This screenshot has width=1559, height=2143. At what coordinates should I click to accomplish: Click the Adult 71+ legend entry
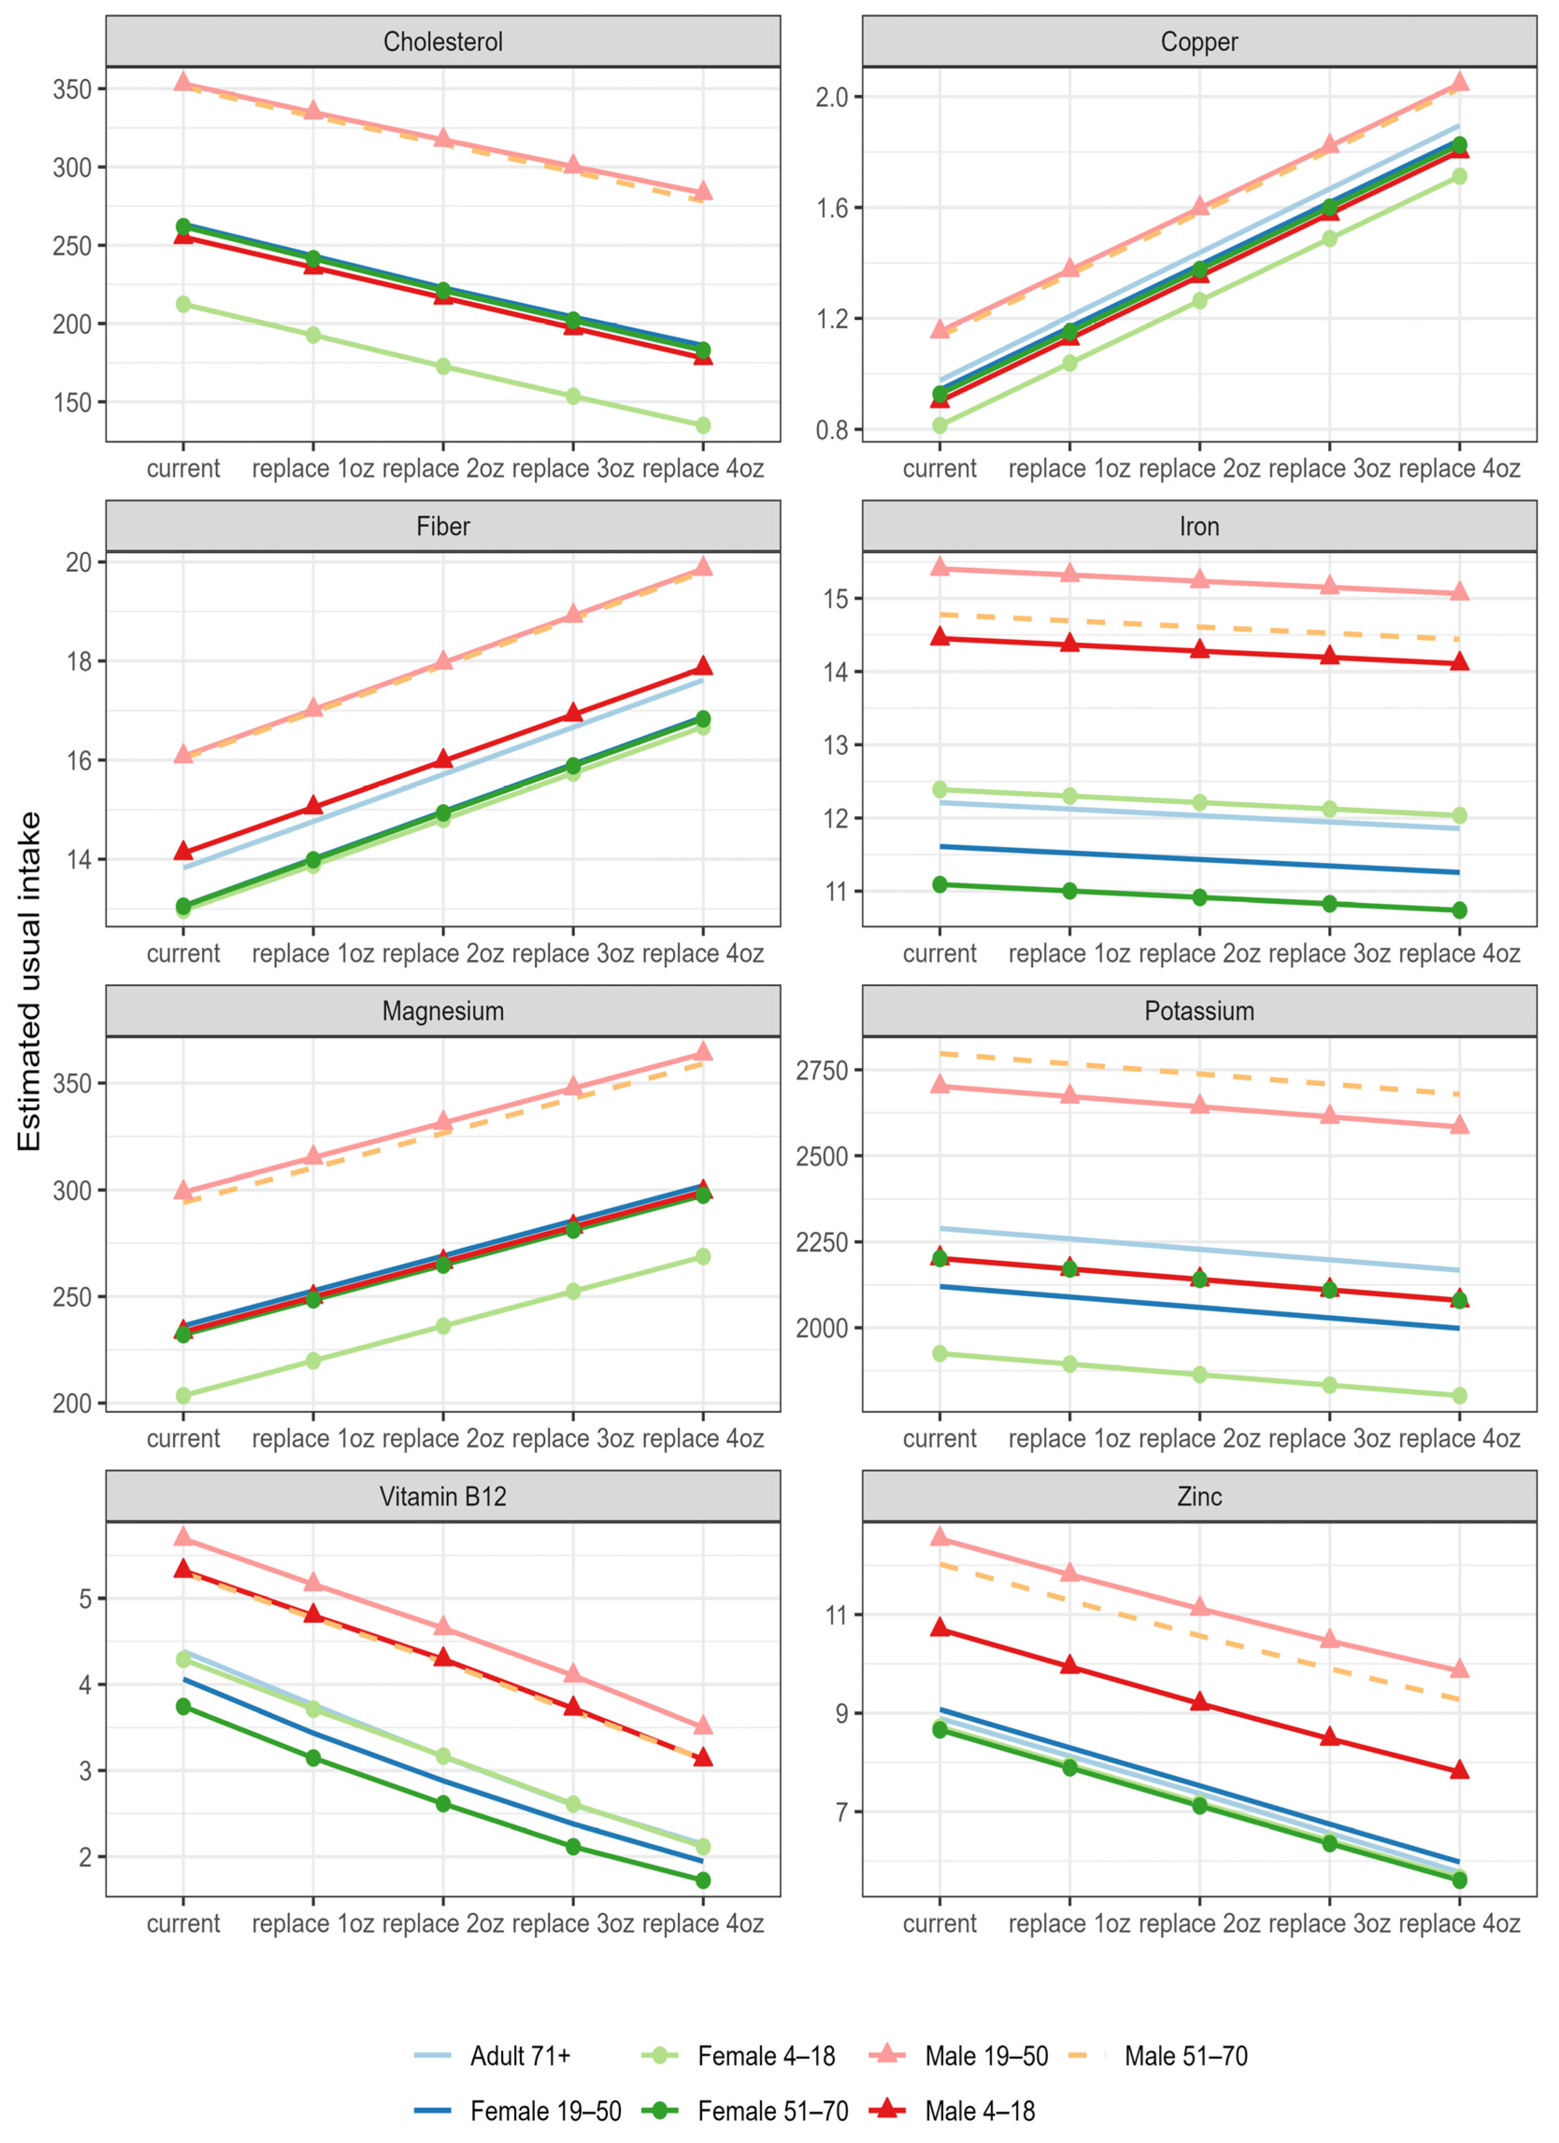(x=520, y=2056)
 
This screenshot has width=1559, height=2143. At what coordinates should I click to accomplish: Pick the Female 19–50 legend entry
(x=545, y=2111)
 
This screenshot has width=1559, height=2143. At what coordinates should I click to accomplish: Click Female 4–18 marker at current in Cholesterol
(x=183, y=304)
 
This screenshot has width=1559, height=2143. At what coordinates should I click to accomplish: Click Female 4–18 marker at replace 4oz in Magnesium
(x=703, y=1257)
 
